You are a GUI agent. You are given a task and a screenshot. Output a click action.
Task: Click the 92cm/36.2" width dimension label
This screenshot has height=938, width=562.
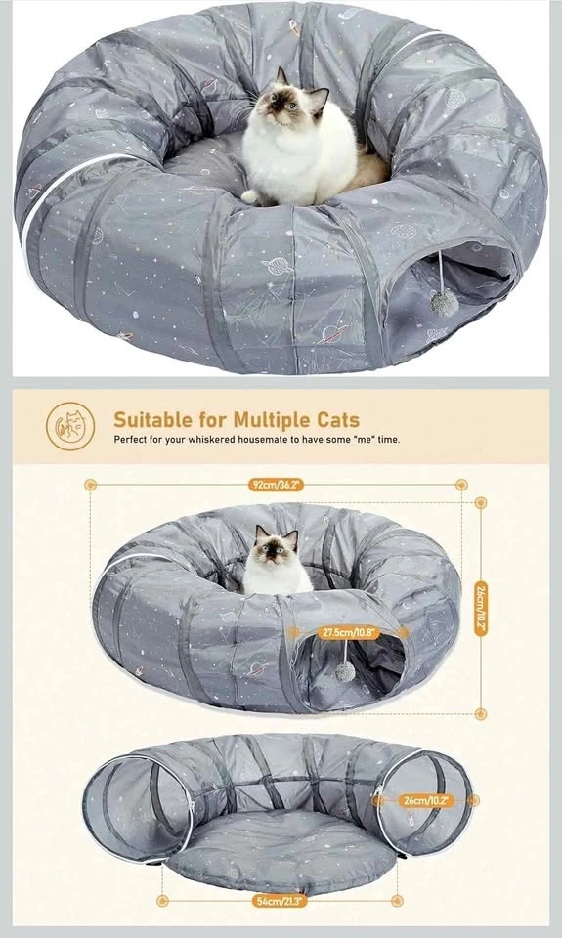click(x=276, y=484)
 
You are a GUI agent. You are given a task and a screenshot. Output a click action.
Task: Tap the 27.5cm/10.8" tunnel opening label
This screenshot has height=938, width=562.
click(x=347, y=632)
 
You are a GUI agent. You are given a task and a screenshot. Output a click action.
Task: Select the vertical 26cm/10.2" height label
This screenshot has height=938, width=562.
click(x=481, y=609)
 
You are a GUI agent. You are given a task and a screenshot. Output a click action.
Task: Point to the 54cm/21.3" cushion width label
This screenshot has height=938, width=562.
click(x=279, y=900)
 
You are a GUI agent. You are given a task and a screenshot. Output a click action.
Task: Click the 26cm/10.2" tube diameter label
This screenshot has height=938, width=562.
click(x=425, y=800)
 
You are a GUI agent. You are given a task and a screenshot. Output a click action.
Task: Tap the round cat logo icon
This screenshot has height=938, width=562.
click(x=70, y=426)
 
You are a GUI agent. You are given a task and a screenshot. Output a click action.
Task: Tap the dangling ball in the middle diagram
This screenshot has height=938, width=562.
click(x=345, y=672)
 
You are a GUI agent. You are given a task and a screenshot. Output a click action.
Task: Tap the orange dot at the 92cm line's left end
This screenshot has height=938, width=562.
click(x=90, y=485)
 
